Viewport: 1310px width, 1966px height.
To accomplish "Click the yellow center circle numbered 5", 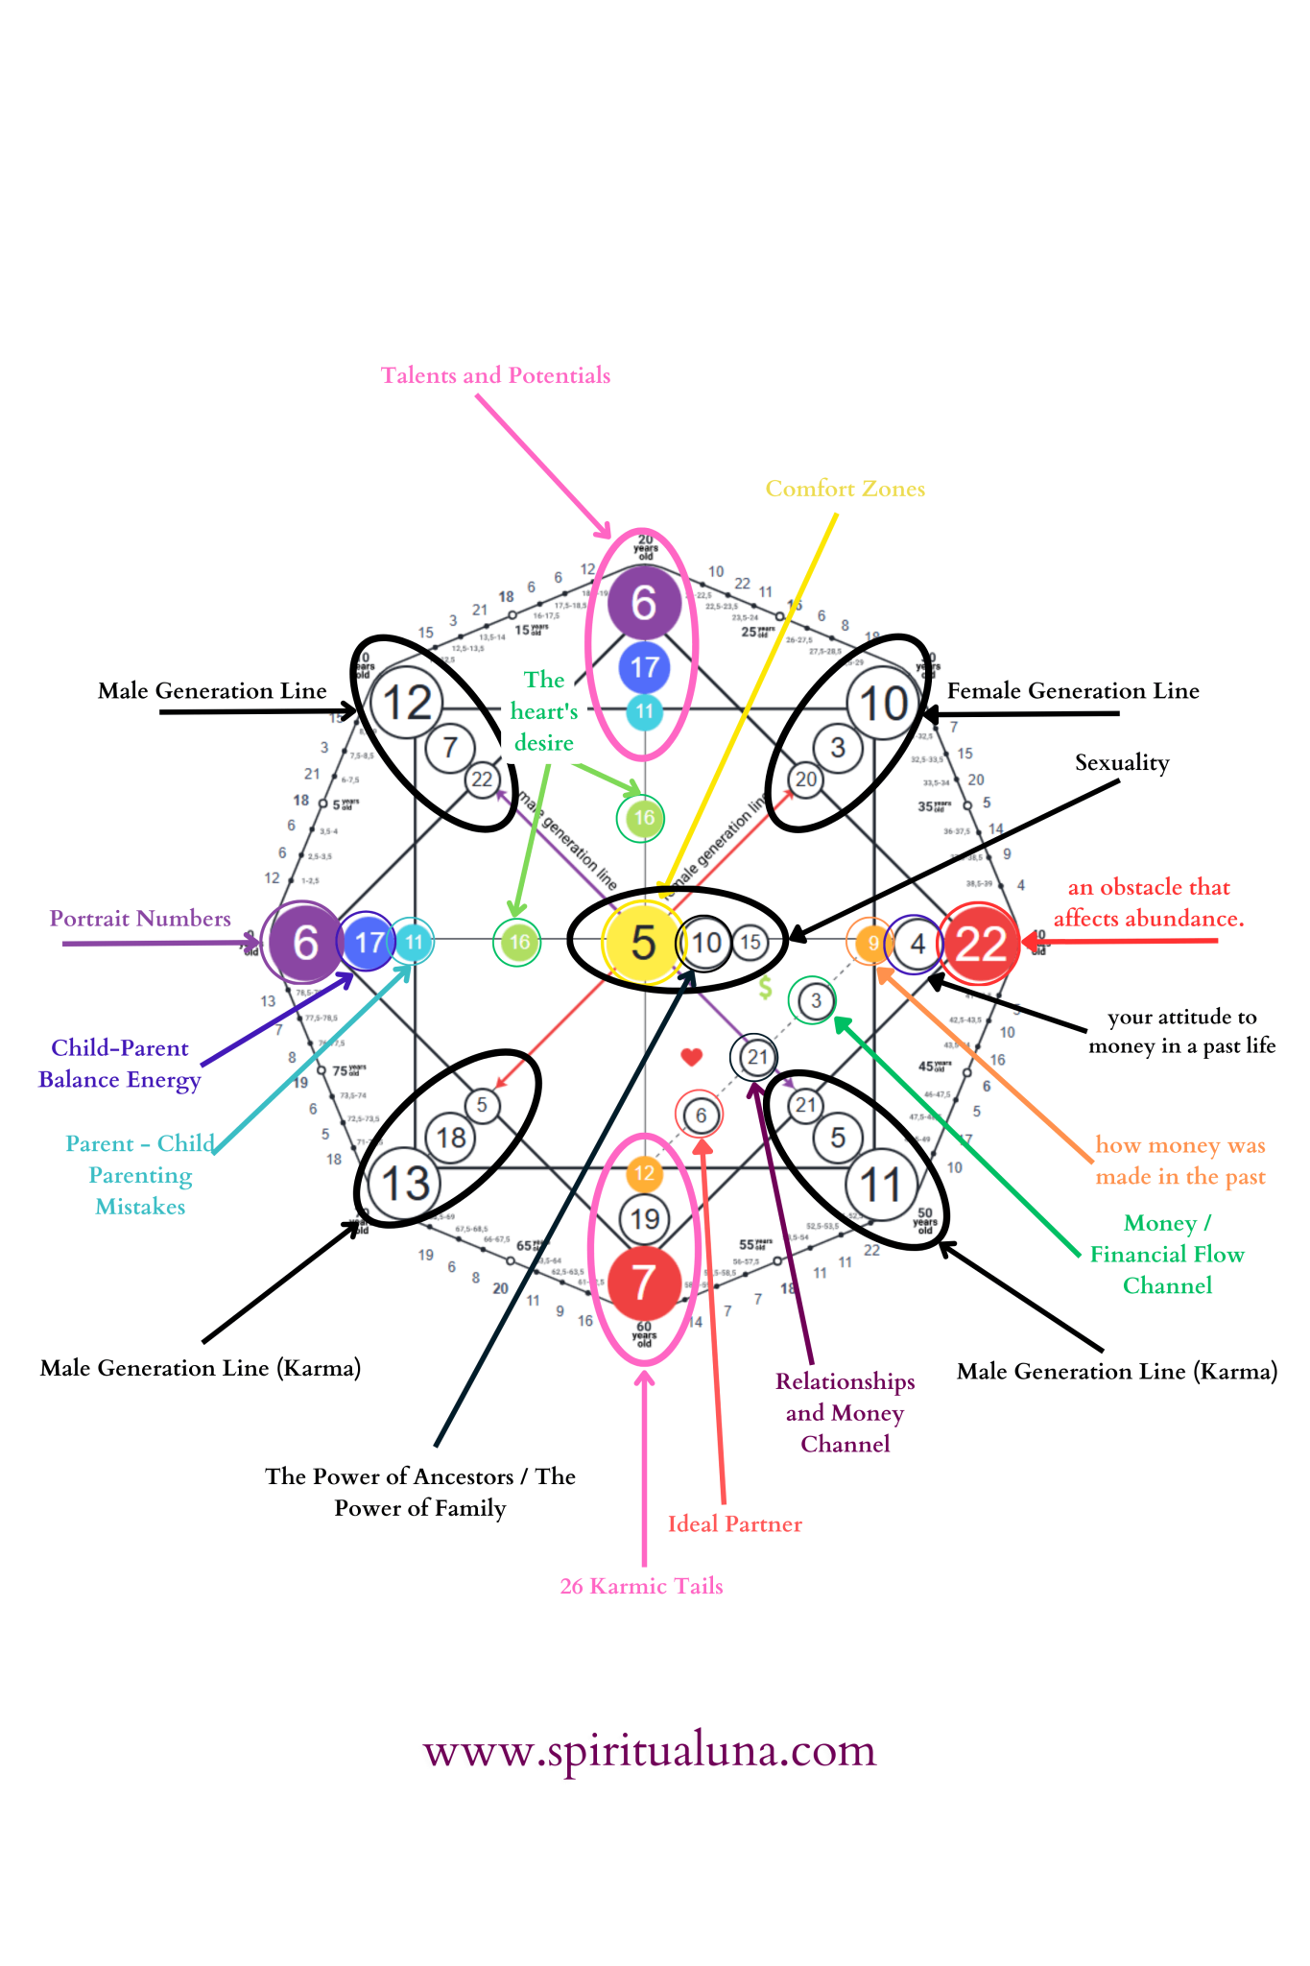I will tap(643, 943).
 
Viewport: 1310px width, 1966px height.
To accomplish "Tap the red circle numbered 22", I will tap(979, 944).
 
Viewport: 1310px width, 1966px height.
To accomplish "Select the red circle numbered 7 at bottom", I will tap(644, 1283).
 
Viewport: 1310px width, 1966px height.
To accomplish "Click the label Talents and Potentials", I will tap(495, 375).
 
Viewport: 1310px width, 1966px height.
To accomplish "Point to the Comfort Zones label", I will tap(845, 489).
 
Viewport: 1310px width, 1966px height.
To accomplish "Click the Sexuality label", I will tap(1122, 763).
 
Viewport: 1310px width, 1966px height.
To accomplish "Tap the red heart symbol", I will tap(691, 1057).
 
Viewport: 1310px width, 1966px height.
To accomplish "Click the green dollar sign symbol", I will tap(765, 987).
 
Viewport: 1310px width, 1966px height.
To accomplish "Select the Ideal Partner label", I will tap(734, 1523).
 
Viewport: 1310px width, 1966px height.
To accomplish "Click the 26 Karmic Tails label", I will tap(641, 1586).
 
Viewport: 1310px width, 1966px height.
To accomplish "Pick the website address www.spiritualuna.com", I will tap(650, 1750).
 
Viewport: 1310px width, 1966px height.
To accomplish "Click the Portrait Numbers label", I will tap(140, 919).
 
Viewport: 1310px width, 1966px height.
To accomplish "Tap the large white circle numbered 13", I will tap(405, 1184).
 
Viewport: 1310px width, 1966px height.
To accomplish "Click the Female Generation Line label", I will tap(1073, 691).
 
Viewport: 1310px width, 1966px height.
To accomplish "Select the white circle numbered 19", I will tap(644, 1219).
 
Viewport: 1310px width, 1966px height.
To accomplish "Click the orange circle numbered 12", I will tap(644, 1173).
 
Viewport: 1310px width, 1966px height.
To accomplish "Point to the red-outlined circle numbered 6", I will tap(701, 1115).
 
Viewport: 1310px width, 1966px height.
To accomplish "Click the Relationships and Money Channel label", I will tap(845, 1412).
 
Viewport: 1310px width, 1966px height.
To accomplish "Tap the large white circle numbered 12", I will tap(407, 703).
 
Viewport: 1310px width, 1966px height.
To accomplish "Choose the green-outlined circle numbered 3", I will tap(815, 1001).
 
